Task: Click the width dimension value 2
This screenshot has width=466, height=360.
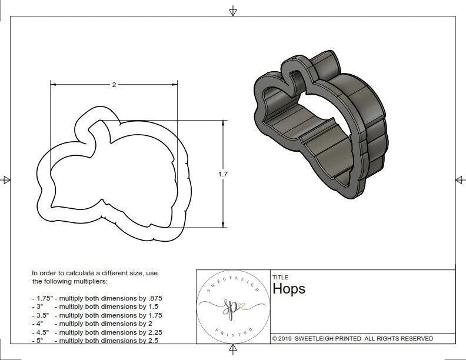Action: tap(114, 85)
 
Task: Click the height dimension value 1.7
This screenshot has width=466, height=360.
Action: tap(222, 174)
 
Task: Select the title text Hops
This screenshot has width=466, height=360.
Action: tap(289, 289)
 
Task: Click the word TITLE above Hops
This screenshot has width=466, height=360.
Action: tap(280, 277)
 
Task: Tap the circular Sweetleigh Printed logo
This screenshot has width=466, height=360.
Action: tap(232, 306)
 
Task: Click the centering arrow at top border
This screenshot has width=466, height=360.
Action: tap(234, 11)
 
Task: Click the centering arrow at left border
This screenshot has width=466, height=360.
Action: tap(6, 179)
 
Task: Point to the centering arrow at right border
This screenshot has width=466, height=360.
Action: tap(460, 179)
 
